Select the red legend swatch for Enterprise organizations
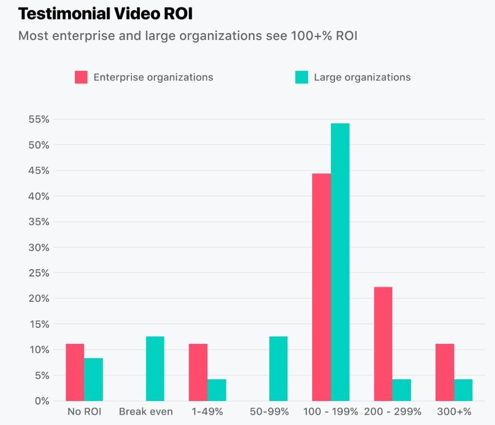81,77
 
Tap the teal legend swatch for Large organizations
301,77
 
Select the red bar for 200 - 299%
383,343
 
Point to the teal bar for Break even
155,368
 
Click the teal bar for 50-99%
278,368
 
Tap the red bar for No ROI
75,372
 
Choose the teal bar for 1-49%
217,390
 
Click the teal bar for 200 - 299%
401,390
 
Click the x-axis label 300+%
454,412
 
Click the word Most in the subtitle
32,35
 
